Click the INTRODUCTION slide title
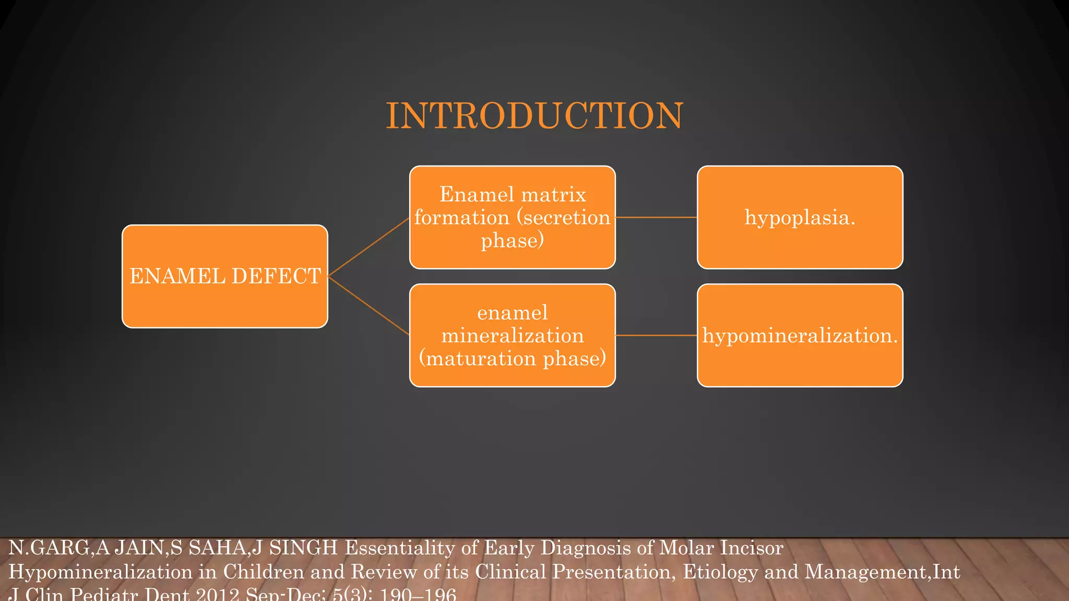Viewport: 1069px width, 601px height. pos(534,116)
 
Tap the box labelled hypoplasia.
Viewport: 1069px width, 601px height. pos(800,218)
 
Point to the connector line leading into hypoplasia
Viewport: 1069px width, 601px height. pos(656,217)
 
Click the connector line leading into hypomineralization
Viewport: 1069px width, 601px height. pos(656,335)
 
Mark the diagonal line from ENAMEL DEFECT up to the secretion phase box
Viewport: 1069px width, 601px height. pos(369,247)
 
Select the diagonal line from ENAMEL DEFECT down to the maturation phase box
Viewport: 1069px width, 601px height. pos(369,306)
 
